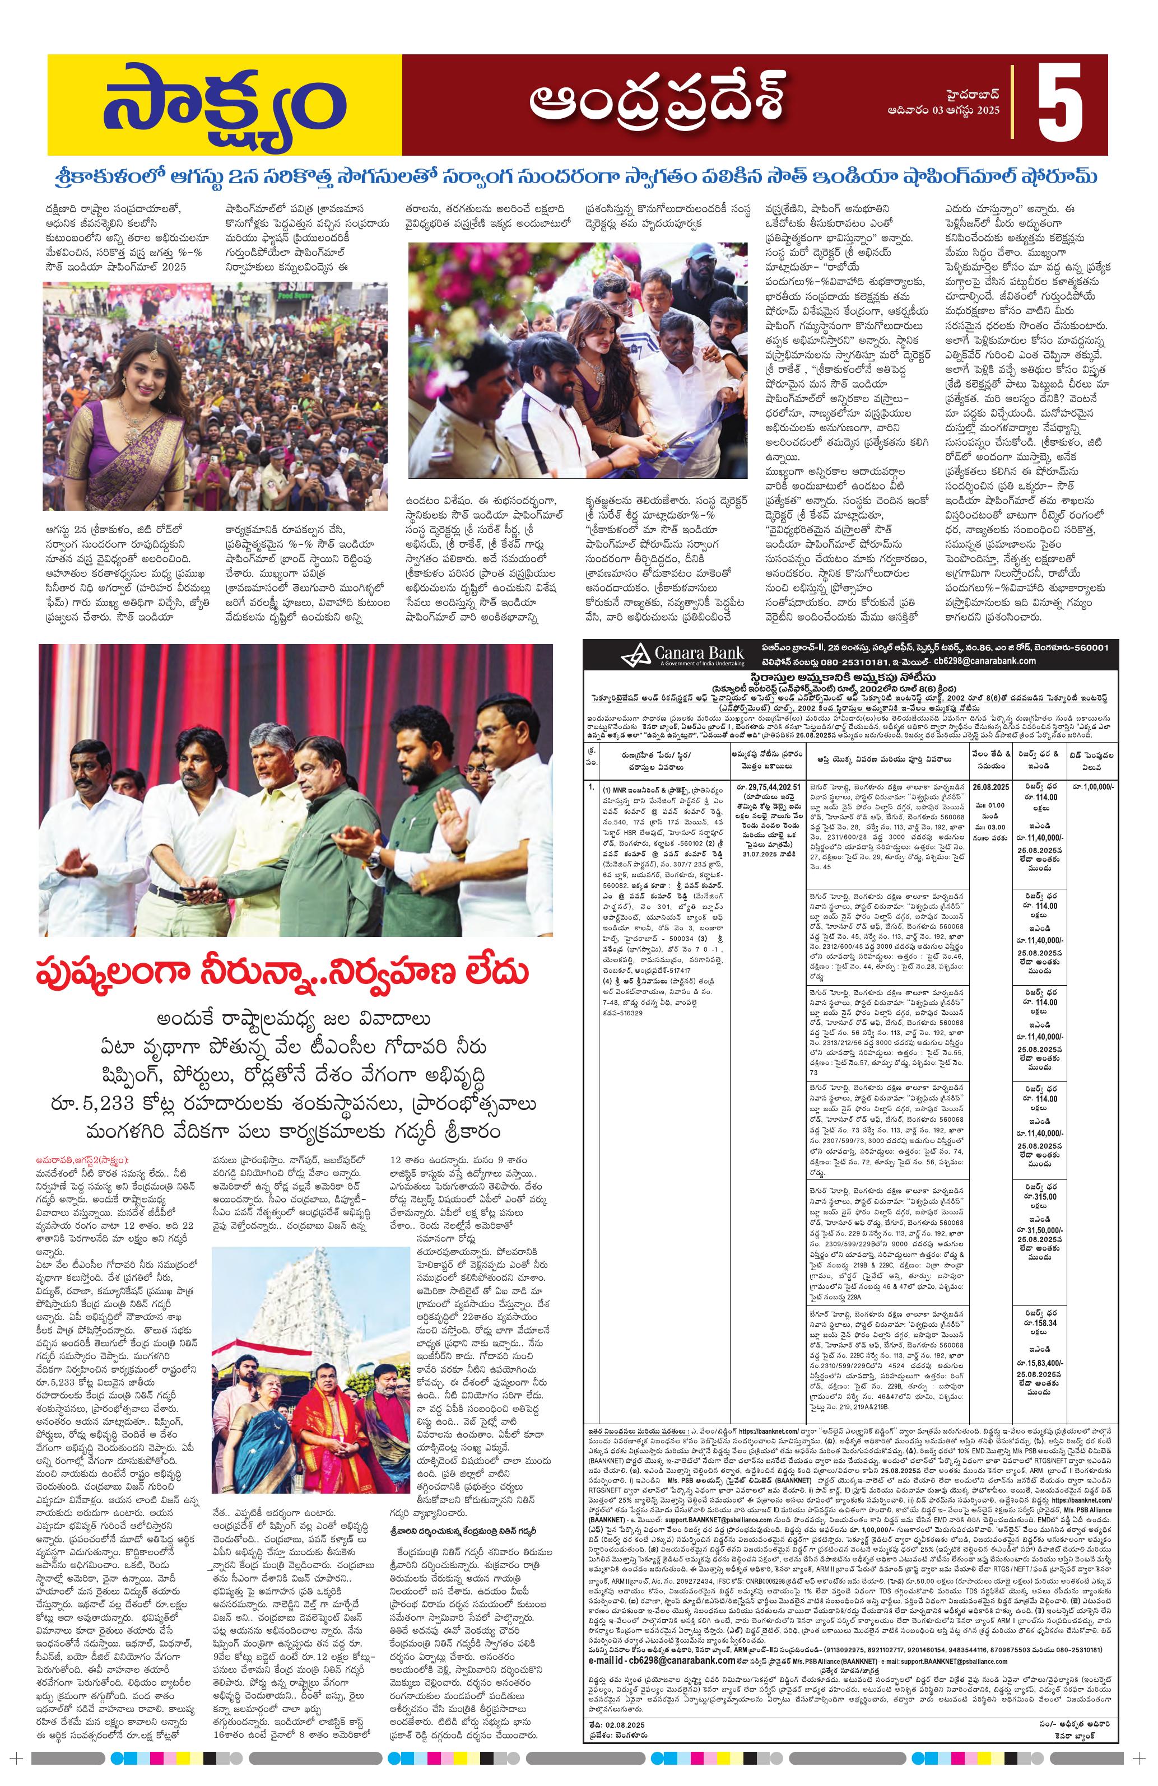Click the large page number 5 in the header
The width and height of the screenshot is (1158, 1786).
pyautogui.click(x=1061, y=104)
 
